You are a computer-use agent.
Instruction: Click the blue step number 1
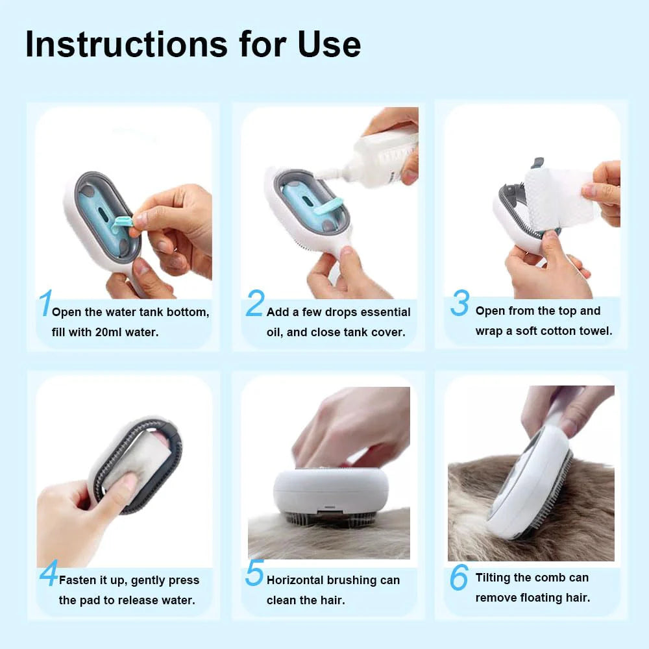(x=44, y=304)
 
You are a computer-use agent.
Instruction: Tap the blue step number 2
(x=255, y=304)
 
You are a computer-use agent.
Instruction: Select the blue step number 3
(x=459, y=304)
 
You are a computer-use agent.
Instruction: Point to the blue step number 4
(x=48, y=574)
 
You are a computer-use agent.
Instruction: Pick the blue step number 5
(x=254, y=574)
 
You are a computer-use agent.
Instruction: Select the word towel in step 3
(x=596, y=331)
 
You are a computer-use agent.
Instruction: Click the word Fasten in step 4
(x=78, y=580)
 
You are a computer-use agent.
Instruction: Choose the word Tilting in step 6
(x=495, y=578)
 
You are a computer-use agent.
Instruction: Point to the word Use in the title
(x=329, y=44)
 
